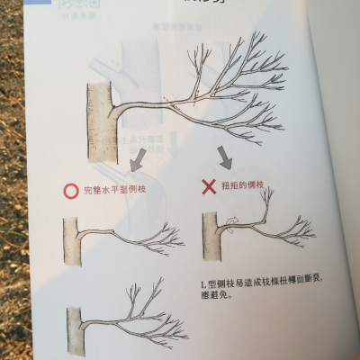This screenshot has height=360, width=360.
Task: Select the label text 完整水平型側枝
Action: (x=114, y=191)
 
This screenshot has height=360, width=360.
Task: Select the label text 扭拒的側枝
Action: (x=242, y=185)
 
